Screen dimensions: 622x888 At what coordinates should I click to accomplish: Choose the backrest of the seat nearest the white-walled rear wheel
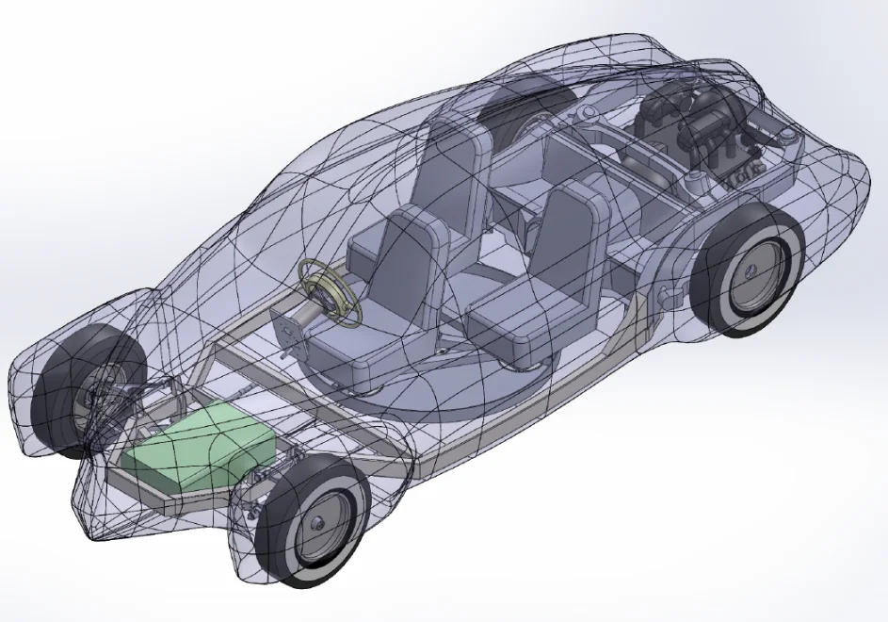pos(574,236)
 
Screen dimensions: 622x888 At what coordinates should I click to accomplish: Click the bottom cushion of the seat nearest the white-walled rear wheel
pos(513,320)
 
